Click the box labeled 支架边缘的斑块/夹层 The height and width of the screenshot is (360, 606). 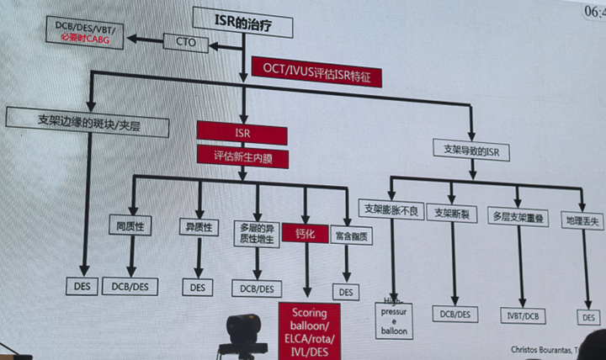pos(88,122)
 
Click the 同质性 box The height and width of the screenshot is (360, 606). pos(129,225)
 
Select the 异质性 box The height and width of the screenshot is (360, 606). pos(199,226)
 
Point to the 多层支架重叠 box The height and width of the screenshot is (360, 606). pos(518,218)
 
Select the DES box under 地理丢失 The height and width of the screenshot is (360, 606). pos(589,317)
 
